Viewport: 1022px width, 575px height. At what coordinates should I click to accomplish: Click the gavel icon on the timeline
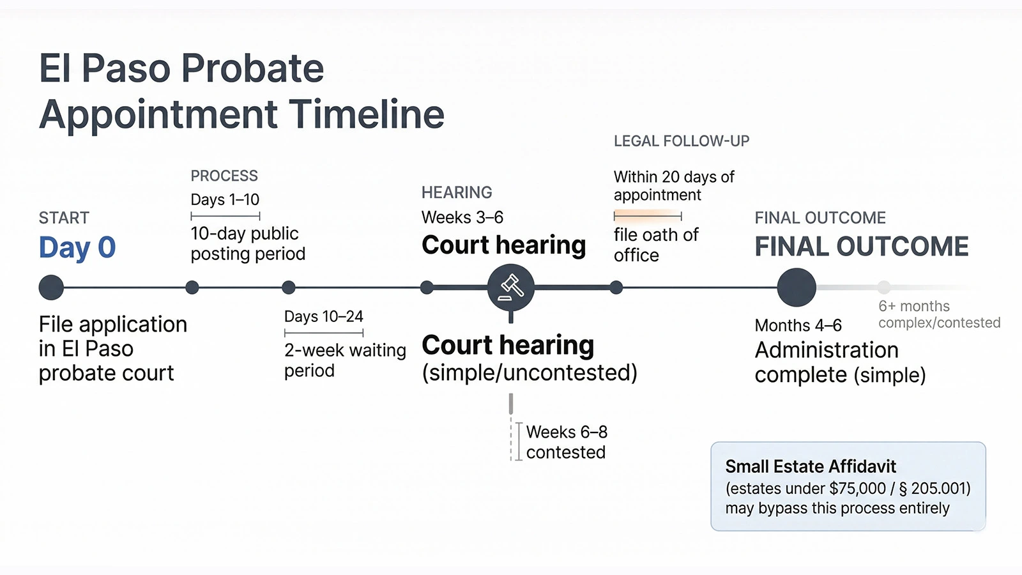point(511,287)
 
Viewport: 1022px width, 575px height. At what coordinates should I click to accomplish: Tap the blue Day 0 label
point(77,247)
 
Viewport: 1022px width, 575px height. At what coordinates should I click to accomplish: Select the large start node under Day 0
point(51,287)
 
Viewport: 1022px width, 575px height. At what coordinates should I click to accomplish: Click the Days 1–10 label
point(225,199)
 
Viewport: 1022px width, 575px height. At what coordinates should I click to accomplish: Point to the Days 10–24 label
point(323,316)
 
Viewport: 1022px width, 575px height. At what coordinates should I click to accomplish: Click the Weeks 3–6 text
point(462,217)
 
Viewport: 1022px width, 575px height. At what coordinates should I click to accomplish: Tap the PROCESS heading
point(224,176)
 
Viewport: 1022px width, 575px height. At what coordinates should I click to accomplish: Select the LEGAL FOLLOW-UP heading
point(682,141)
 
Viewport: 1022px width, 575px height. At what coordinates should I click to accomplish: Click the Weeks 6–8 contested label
point(567,442)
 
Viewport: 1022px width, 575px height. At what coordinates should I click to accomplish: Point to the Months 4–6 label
point(798,325)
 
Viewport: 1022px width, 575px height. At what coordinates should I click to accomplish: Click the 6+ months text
point(913,306)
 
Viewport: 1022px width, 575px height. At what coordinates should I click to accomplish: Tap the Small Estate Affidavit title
point(811,466)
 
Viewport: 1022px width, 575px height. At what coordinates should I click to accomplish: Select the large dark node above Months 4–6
point(797,287)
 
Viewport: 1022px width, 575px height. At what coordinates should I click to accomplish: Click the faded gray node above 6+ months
point(883,287)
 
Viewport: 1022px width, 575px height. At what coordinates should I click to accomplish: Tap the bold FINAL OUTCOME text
point(862,247)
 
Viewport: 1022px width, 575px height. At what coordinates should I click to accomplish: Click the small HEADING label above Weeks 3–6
point(457,192)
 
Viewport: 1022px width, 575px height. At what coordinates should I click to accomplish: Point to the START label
point(64,218)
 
